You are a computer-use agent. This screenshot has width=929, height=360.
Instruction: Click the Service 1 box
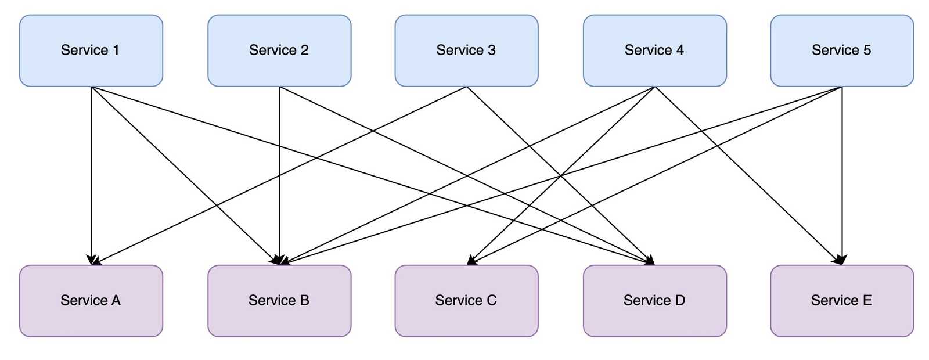[91, 51]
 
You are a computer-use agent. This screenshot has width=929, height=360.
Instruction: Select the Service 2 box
[279, 51]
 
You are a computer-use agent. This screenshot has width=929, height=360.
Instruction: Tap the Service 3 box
[466, 51]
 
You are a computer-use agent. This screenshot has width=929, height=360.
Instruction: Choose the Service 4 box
[654, 51]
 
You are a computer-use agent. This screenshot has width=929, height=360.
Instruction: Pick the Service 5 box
[842, 51]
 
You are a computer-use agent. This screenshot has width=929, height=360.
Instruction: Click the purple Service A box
[91, 301]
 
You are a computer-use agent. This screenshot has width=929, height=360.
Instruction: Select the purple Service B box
[279, 301]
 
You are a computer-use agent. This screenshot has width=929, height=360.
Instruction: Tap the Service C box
[466, 301]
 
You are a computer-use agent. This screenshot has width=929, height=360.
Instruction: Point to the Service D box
[654, 301]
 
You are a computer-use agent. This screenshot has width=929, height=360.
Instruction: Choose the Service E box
[842, 301]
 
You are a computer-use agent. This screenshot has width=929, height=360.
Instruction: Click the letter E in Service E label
[867, 301]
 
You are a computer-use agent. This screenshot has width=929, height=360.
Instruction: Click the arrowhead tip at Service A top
[92, 263]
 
